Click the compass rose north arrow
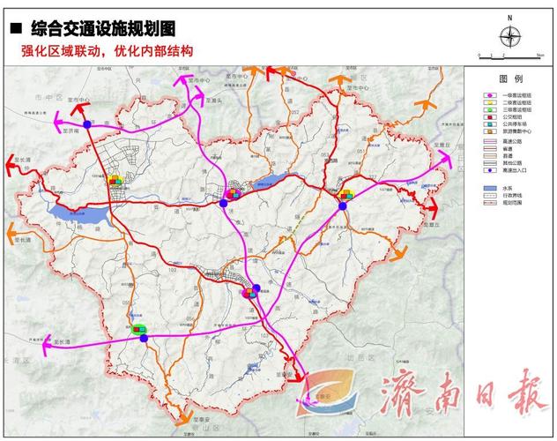[x=509, y=35]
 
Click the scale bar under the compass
[x=509, y=56]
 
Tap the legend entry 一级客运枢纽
[x=520, y=94]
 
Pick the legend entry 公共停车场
[x=520, y=124]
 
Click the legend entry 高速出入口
[x=520, y=169]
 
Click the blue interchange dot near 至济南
[x=88, y=124]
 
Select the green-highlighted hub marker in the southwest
[x=139, y=330]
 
